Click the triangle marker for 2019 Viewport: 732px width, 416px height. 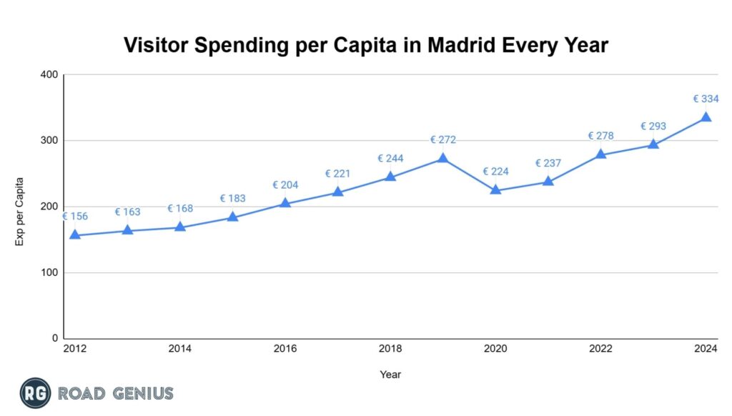442,158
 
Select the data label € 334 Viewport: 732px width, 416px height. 706,99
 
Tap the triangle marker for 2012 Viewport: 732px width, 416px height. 74,234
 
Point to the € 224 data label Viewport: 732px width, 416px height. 495,172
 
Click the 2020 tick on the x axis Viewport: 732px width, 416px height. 495,349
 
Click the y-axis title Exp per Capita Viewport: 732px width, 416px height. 20,211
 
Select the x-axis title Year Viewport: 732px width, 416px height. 390,374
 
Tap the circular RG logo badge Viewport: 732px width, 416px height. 34,393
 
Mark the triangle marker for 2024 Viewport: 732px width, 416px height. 706,117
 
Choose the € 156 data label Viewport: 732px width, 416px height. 75,217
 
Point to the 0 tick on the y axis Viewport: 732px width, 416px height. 54,339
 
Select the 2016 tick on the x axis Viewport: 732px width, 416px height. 285,349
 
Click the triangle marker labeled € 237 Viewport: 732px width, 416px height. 548,181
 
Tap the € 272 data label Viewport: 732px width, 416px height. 442,140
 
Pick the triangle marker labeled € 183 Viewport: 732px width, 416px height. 232,217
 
